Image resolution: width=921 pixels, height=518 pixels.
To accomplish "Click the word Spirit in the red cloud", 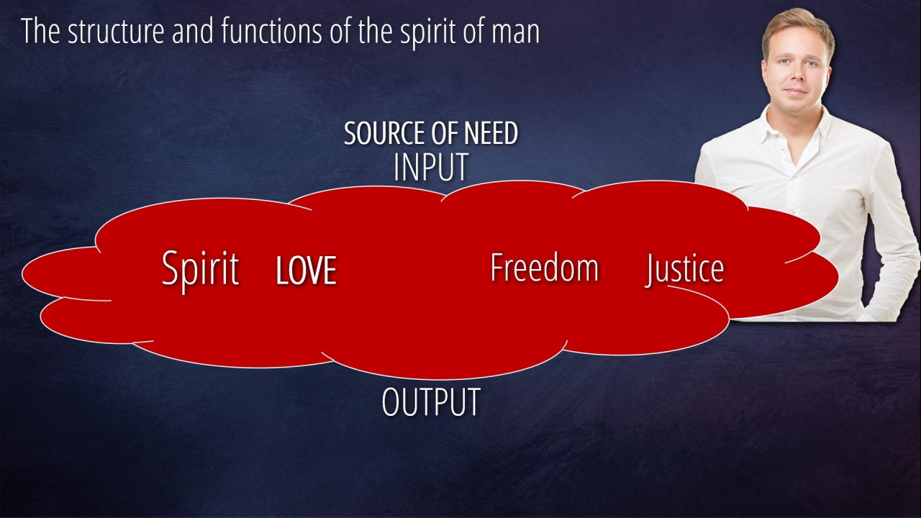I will [x=200, y=269].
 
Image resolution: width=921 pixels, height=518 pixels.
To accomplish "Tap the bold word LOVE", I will [x=306, y=271].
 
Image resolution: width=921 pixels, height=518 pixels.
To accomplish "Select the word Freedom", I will [x=544, y=268].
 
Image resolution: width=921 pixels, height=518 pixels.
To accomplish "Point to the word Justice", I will [x=684, y=269].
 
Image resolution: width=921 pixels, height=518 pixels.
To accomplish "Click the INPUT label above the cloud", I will [x=430, y=167].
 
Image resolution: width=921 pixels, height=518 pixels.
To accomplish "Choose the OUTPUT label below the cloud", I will [x=430, y=402].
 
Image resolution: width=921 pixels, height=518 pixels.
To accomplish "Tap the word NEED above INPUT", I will [x=490, y=134].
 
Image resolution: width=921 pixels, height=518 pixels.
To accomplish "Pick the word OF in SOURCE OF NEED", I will [x=445, y=134].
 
